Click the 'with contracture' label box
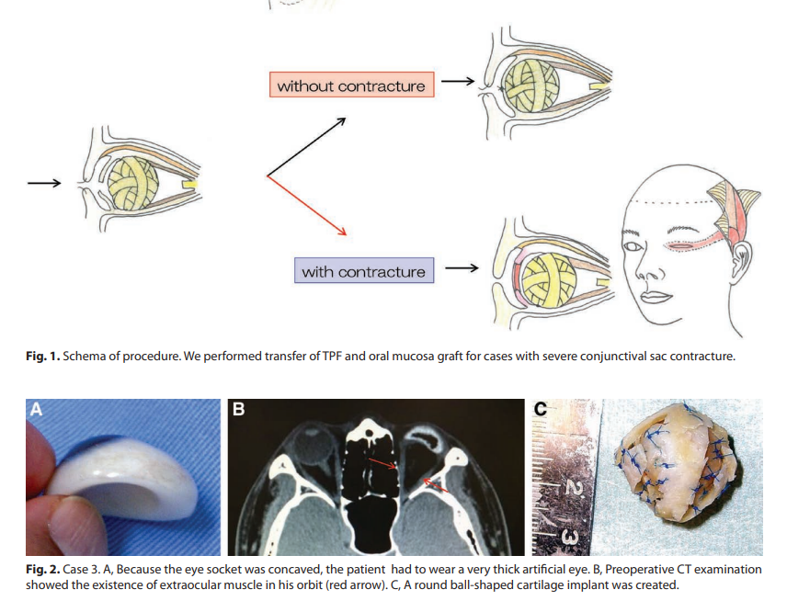363,272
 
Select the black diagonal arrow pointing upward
306,146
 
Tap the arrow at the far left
43,182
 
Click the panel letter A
36,410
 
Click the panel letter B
238,410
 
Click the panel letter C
541,411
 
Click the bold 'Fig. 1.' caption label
42,356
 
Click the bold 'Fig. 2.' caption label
42,569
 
